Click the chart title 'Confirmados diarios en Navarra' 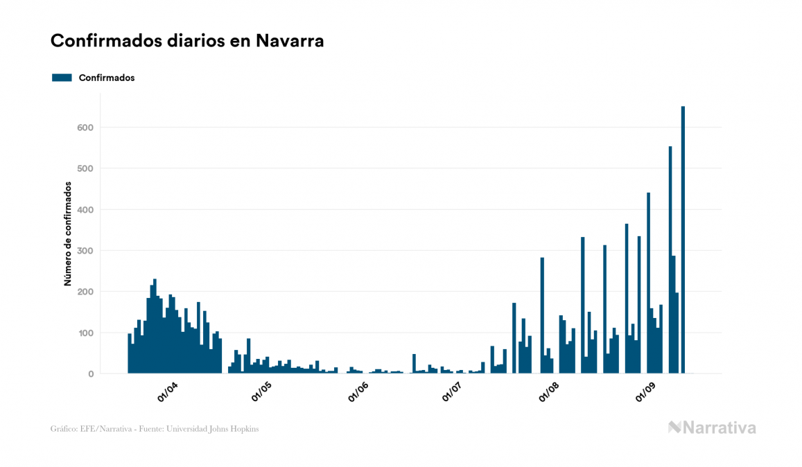click(x=187, y=41)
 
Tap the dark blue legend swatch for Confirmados click(x=62, y=78)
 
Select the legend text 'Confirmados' click(x=107, y=78)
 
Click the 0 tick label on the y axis click(x=90, y=374)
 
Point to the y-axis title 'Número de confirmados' click(x=68, y=233)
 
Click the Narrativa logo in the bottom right click(x=712, y=428)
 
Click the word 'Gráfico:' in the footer click(x=64, y=429)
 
